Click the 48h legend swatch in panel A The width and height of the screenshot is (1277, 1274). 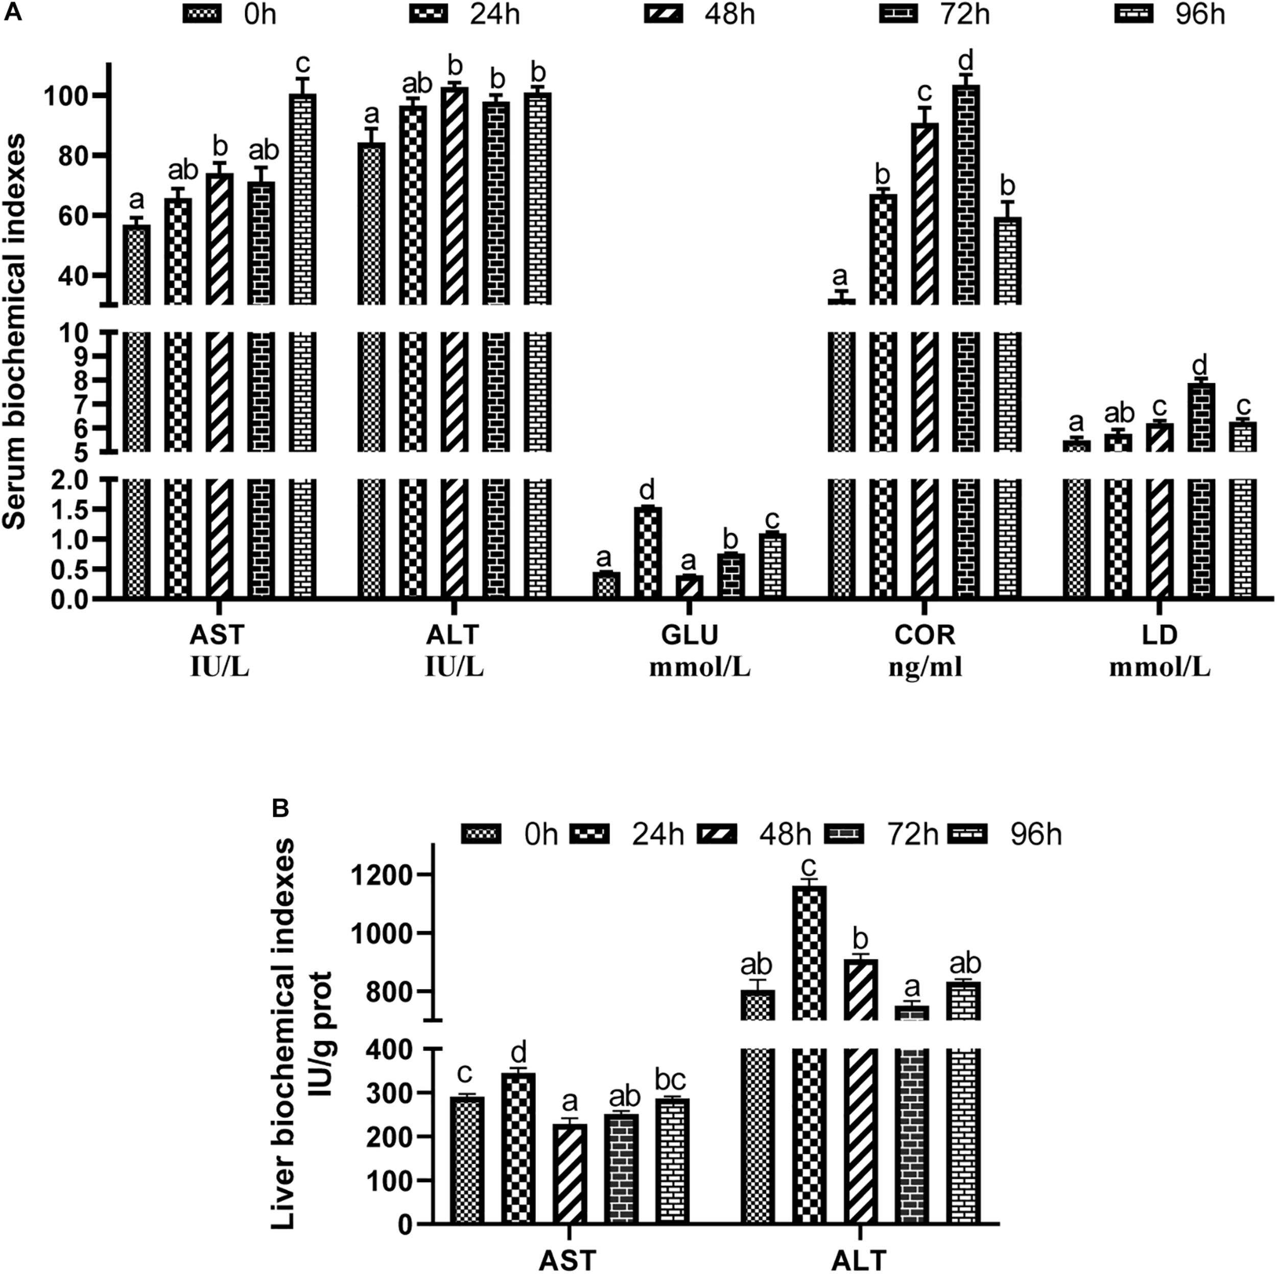(x=663, y=14)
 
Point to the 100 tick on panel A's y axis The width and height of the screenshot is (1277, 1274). (x=69, y=97)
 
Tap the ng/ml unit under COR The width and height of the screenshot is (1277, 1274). (x=925, y=667)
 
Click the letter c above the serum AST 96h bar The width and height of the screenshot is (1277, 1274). (x=303, y=64)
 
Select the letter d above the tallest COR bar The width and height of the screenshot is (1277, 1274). (x=966, y=61)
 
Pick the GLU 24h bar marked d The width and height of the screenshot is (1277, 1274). (x=648, y=552)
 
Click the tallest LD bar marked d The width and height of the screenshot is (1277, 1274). (x=1201, y=416)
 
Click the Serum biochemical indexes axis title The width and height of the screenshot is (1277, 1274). (x=14, y=330)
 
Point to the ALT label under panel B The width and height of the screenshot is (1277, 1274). (x=858, y=1261)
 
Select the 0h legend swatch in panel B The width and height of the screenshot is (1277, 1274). (x=481, y=834)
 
